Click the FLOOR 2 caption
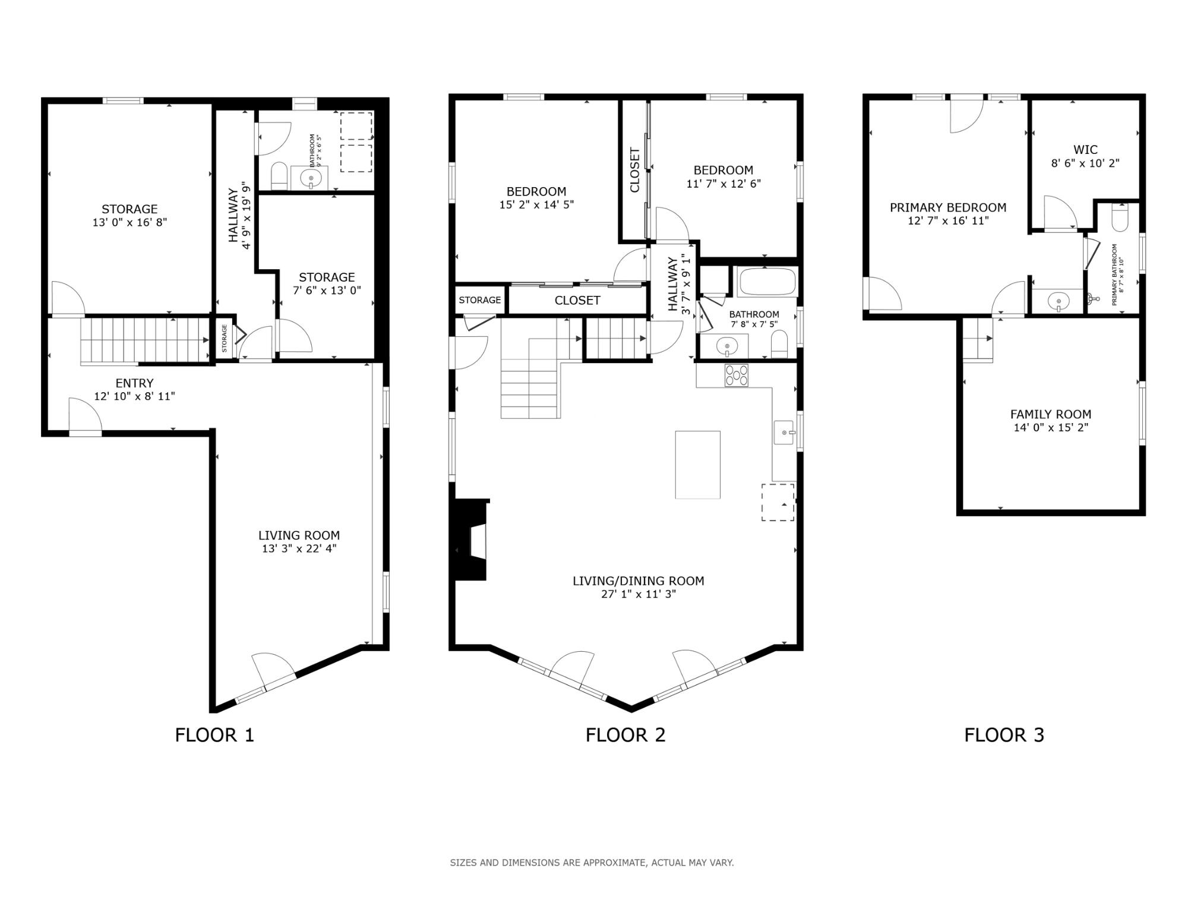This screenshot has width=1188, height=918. click(625, 735)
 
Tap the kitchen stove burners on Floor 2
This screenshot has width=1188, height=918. click(737, 376)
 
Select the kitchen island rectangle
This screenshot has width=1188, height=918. click(697, 465)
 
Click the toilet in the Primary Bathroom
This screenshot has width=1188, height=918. click(1119, 219)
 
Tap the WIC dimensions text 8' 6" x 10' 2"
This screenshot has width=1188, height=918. click(1085, 163)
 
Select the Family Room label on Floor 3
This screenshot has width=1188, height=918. click(1050, 414)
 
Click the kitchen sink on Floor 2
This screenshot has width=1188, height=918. click(783, 433)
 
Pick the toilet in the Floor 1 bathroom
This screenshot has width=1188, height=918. click(279, 176)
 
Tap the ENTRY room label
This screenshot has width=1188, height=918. click(134, 383)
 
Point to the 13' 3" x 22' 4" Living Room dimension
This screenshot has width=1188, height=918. click(299, 548)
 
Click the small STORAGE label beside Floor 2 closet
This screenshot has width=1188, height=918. click(479, 300)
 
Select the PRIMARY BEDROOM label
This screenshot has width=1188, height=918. click(947, 207)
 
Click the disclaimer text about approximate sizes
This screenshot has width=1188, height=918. click(592, 862)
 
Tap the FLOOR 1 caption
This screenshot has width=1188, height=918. click(214, 735)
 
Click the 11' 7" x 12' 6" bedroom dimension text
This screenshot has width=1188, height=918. click(723, 184)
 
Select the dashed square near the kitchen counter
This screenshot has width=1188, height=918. click(778, 502)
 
